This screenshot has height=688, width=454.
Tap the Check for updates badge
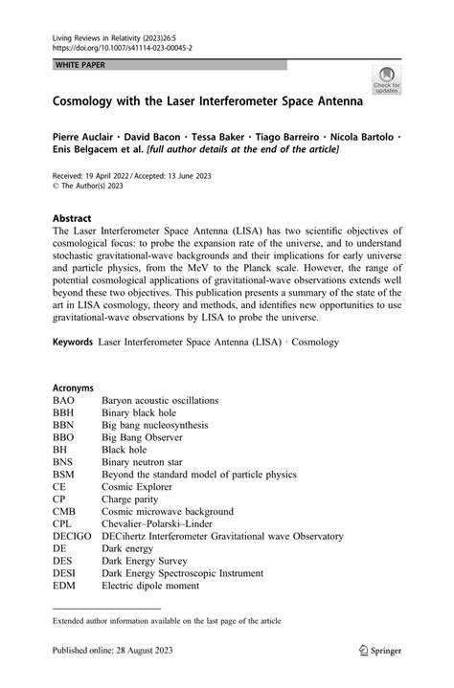pyautogui.click(x=386, y=79)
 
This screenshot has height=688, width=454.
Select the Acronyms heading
pyautogui.click(x=74, y=388)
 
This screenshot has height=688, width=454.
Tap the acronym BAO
pyautogui.click(x=65, y=400)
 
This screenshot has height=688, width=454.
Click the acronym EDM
pyautogui.click(x=65, y=587)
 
